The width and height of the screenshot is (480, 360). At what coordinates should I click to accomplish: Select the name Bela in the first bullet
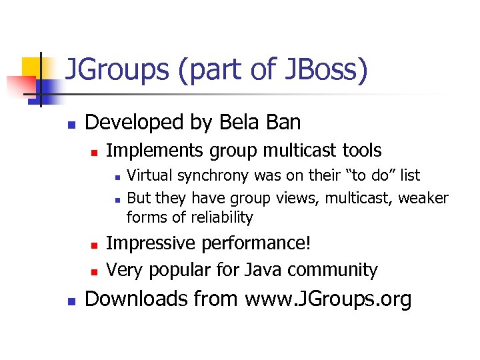click(x=242, y=123)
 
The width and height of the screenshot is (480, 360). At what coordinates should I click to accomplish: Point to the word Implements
click(x=155, y=151)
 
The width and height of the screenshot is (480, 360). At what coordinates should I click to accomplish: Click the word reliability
click(x=222, y=217)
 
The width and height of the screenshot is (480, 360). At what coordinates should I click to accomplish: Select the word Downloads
click(x=137, y=299)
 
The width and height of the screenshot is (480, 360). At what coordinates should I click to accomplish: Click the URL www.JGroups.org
click(x=328, y=299)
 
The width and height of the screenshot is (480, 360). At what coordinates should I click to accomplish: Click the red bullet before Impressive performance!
click(x=94, y=245)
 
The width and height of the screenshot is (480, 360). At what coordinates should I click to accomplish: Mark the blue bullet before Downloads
click(x=73, y=301)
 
